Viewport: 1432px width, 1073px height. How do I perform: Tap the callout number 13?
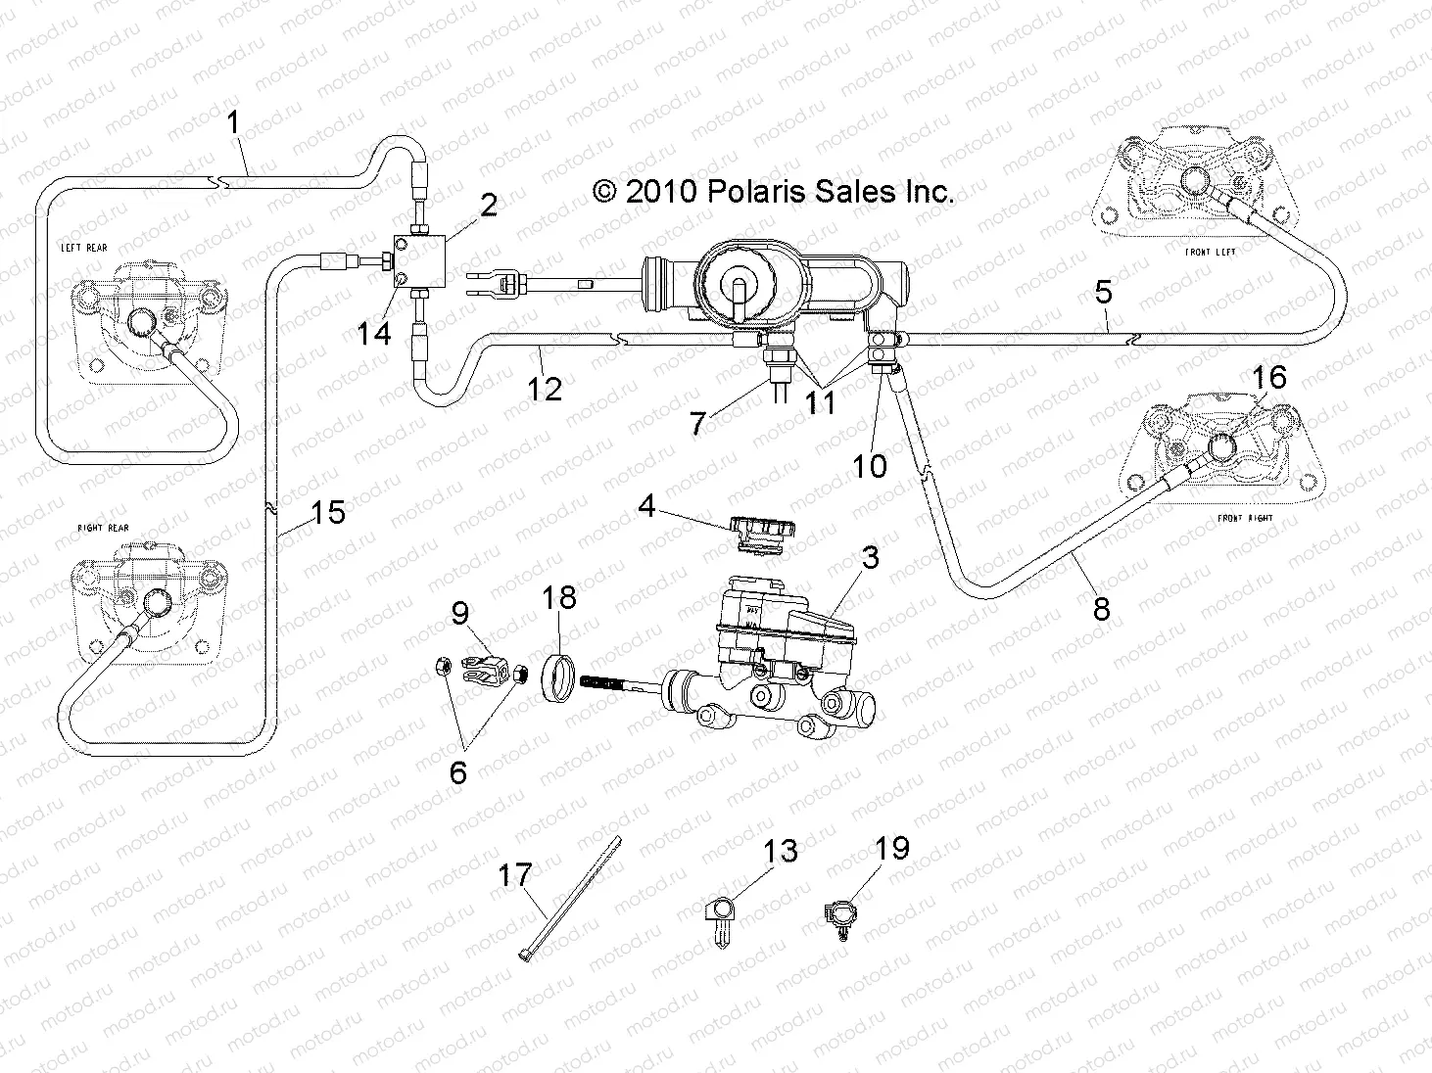click(781, 852)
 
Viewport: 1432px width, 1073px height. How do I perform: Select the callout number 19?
click(892, 848)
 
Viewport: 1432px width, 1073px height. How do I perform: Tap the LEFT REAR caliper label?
click(83, 249)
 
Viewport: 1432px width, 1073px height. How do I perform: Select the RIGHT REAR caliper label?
click(103, 529)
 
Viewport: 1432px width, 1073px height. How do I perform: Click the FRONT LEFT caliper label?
click(1210, 253)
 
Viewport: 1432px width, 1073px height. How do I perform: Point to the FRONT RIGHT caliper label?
click(1243, 518)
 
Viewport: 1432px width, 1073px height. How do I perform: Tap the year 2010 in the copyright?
click(661, 191)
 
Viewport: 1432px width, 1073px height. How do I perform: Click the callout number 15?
click(328, 512)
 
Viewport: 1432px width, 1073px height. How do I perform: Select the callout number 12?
click(545, 389)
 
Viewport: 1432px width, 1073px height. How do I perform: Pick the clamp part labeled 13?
click(717, 918)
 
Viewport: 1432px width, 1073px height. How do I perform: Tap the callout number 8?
click(1101, 609)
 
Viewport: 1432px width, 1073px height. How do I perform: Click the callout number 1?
click(233, 123)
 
